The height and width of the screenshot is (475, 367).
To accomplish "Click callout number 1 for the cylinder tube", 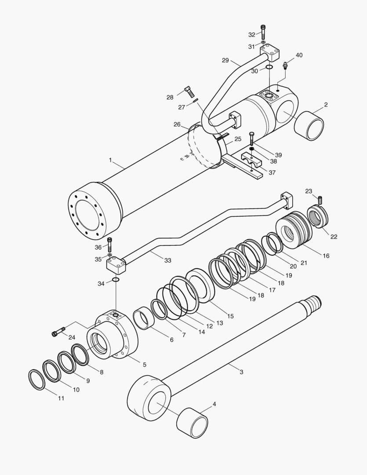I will (x=110, y=161).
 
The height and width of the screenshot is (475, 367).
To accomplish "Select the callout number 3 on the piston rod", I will (x=241, y=372).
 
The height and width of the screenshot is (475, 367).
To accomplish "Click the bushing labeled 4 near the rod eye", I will (x=192, y=423).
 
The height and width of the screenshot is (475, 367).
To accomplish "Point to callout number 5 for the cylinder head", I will (x=145, y=365).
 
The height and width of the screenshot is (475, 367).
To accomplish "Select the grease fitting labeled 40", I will (x=285, y=66).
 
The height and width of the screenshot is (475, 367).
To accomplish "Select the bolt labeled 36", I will (x=109, y=244).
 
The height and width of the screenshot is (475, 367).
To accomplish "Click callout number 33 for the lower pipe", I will (x=167, y=260).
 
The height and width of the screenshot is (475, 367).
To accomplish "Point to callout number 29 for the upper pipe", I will (x=238, y=60).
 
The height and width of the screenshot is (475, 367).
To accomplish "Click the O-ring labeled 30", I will (x=269, y=67).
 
